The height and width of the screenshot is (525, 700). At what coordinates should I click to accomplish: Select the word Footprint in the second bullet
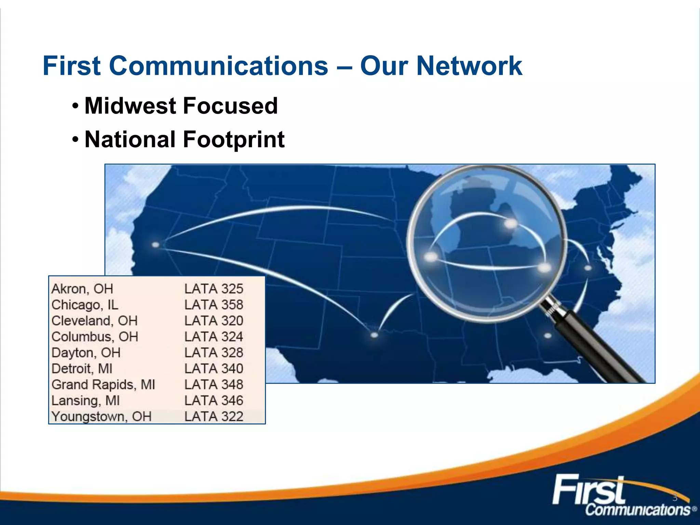234,139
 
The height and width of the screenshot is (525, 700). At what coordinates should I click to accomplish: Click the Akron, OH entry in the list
82,289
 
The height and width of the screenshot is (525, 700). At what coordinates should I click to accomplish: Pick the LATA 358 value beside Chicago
214,305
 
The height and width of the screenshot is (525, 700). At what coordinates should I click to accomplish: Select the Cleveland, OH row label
94,321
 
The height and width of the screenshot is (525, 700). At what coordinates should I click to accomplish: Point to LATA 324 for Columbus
214,337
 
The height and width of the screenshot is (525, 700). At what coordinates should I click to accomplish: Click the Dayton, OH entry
86,352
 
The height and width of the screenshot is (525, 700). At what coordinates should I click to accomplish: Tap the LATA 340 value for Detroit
214,368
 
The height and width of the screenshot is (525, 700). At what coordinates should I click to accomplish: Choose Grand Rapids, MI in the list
103,385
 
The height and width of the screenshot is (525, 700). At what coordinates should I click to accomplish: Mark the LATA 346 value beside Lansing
214,400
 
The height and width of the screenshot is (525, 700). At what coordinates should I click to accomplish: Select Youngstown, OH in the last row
102,416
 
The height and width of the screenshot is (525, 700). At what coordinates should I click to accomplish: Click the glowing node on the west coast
156,245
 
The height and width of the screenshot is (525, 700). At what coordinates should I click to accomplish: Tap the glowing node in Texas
374,335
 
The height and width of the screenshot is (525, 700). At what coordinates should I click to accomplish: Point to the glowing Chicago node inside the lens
431,257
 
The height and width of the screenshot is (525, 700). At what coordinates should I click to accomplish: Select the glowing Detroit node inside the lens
511,224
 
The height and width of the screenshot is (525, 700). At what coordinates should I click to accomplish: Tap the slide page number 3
675,498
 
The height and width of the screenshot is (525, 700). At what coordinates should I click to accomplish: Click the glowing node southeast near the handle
548,336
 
